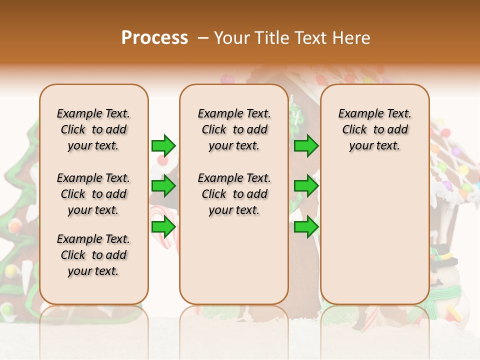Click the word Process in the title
pos(154,38)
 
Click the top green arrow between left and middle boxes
pos(163,145)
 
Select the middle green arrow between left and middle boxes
pos(163,186)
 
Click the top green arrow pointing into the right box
pos(306,145)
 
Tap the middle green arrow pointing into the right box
pos(306,186)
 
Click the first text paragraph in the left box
pos(93,129)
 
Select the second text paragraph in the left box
pos(93,194)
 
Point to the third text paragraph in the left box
pos(93,255)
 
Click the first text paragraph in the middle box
pos(234,129)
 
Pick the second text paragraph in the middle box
pos(234,194)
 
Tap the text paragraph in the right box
pos(374,129)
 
